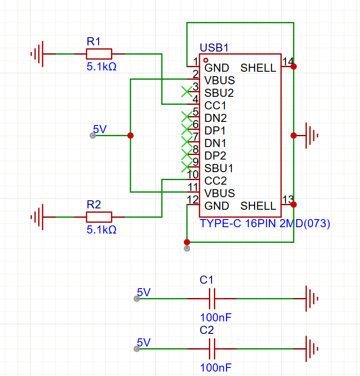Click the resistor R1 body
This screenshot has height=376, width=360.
(99, 54)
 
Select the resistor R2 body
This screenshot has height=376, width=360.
(99, 217)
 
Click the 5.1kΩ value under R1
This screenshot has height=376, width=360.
(101, 67)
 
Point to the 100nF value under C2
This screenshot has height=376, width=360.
(216, 368)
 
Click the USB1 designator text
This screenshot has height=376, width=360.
(214, 48)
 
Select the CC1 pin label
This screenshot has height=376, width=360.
(215, 106)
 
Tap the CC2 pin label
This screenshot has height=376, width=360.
(215, 181)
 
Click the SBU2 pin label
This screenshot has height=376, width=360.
(219, 93)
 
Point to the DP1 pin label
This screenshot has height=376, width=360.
(215, 131)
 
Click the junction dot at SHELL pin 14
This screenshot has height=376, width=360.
(294, 66)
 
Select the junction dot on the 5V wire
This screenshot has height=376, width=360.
(130, 135)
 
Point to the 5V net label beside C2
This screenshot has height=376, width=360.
(143, 343)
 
